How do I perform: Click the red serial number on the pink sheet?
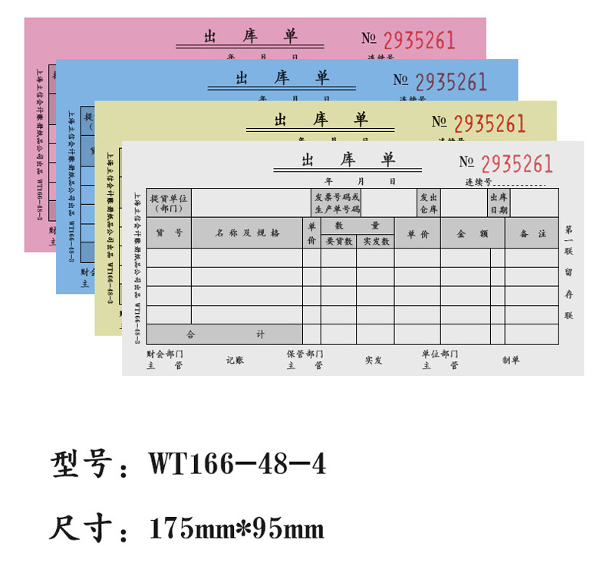coord(419,40)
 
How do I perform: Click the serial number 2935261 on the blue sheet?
coord(451,82)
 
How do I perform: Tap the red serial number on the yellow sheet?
coord(489,123)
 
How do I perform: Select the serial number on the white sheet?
coord(517,163)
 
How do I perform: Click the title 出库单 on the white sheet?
coord(347,160)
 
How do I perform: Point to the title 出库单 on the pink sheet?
coord(250,36)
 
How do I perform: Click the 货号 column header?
coord(169,232)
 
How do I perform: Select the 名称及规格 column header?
coord(246,232)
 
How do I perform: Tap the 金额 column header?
coord(473,233)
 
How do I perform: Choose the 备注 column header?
coord(532,233)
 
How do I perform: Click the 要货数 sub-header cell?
coord(338,241)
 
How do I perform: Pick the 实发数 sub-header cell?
coord(376,241)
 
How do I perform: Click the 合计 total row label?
coord(224,334)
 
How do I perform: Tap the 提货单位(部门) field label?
coord(169,203)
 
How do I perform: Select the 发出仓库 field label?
coord(429,203)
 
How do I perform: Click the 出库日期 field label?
coord(499,203)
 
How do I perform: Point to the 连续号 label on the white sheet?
coord(478,183)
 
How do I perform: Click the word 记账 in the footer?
coord(235,360)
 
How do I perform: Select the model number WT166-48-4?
coord(237,464)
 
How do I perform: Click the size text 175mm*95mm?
coord(237,529)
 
